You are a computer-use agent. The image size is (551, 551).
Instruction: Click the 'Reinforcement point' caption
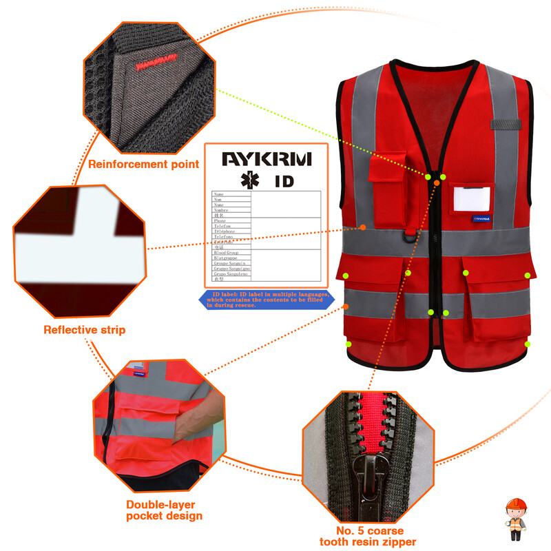pos(143,165)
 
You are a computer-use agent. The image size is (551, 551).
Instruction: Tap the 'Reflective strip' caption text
pos(84,330)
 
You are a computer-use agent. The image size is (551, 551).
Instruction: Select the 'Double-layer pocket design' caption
pos(164,510)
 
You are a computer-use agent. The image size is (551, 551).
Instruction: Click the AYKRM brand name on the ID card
pos(266,159)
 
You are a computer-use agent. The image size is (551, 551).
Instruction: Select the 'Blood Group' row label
pos(225,253)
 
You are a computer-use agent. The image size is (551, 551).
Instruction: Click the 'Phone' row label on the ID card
pos(220,220)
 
